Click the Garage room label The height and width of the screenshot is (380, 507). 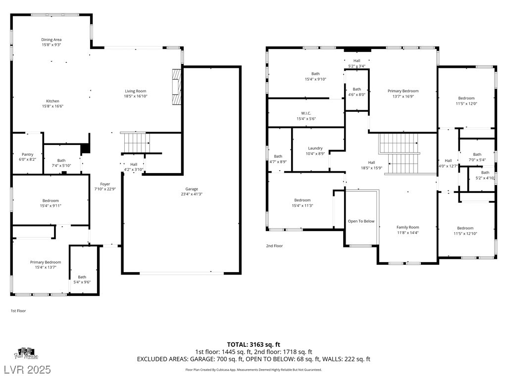click(192, 189)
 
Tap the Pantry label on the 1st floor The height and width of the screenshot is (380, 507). click(28, 154)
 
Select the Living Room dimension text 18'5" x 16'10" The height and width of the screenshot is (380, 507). click(136, 96)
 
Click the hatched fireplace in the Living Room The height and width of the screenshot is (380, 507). click(177, 87)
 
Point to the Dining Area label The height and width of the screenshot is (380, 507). click(51, 40)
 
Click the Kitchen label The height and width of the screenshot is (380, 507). click(52, 101)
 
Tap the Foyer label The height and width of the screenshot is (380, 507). click(105, 184)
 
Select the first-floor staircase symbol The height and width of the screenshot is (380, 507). click(137, 142)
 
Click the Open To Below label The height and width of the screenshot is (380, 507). click(361, 221)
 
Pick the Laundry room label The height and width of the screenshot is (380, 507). click(315, 148)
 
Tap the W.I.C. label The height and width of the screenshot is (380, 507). click(306, 113)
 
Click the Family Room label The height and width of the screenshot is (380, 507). click(408, 228)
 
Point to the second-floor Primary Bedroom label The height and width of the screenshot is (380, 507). click(403, 91)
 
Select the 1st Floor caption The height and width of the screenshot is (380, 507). click(18, 311)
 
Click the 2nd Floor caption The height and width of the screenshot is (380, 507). click(274, 246)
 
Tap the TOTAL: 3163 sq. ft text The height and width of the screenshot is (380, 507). click(253, 344)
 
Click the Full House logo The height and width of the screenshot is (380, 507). click(26, 353)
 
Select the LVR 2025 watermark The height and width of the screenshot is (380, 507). click(28, 370)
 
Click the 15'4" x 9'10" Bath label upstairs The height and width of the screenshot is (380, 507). click(315, 77)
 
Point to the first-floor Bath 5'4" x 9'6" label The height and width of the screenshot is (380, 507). click(82, 280)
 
